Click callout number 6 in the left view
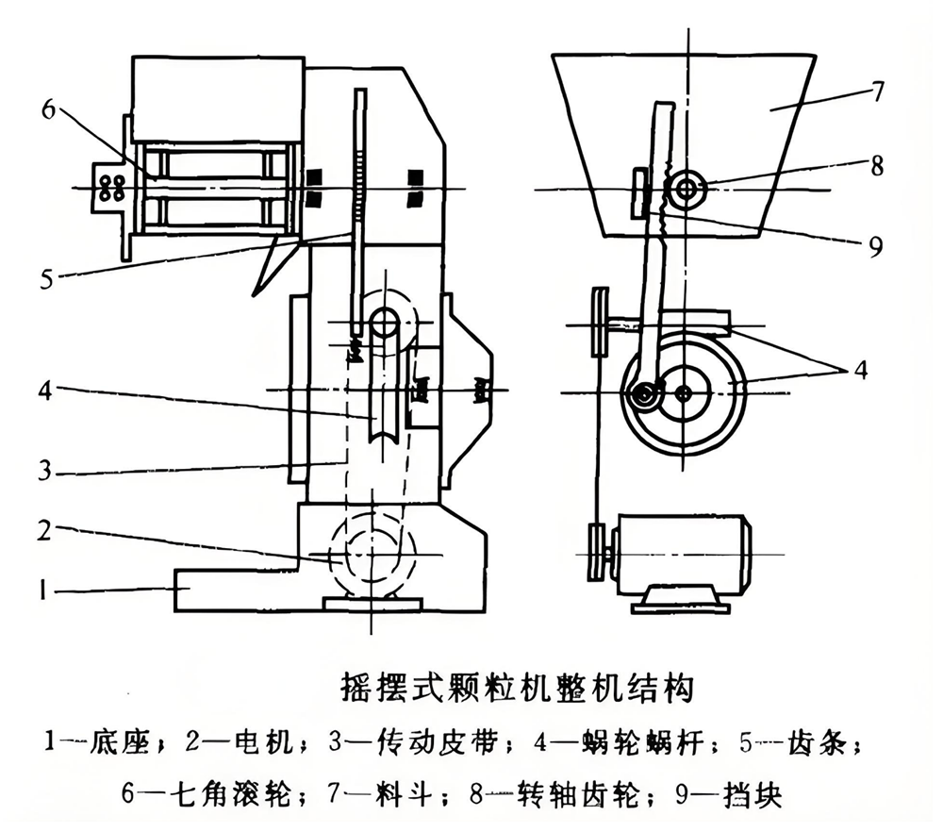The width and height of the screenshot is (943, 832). (x=48, y=110)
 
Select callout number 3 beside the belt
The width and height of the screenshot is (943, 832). (x=45, y=470)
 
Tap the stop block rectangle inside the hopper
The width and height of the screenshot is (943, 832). (x=637, y=191)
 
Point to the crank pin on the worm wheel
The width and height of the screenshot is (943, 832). (x=643, y=397)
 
